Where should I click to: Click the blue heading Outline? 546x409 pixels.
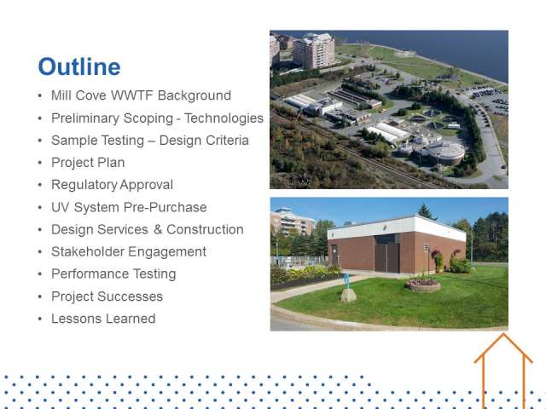[79, 66]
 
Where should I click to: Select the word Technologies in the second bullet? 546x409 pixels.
[224, 118]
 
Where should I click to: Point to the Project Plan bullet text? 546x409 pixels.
[88, 163]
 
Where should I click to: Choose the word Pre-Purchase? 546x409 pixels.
[166, 207]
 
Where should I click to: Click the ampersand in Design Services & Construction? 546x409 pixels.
[158, 229]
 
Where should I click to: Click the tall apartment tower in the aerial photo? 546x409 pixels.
[313, 50]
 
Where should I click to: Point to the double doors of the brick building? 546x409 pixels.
[386, 257]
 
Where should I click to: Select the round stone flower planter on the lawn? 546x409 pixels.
[423, 285]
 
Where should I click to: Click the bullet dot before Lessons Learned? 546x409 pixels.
[40, 319]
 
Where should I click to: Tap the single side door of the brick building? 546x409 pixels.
[334, 255]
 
